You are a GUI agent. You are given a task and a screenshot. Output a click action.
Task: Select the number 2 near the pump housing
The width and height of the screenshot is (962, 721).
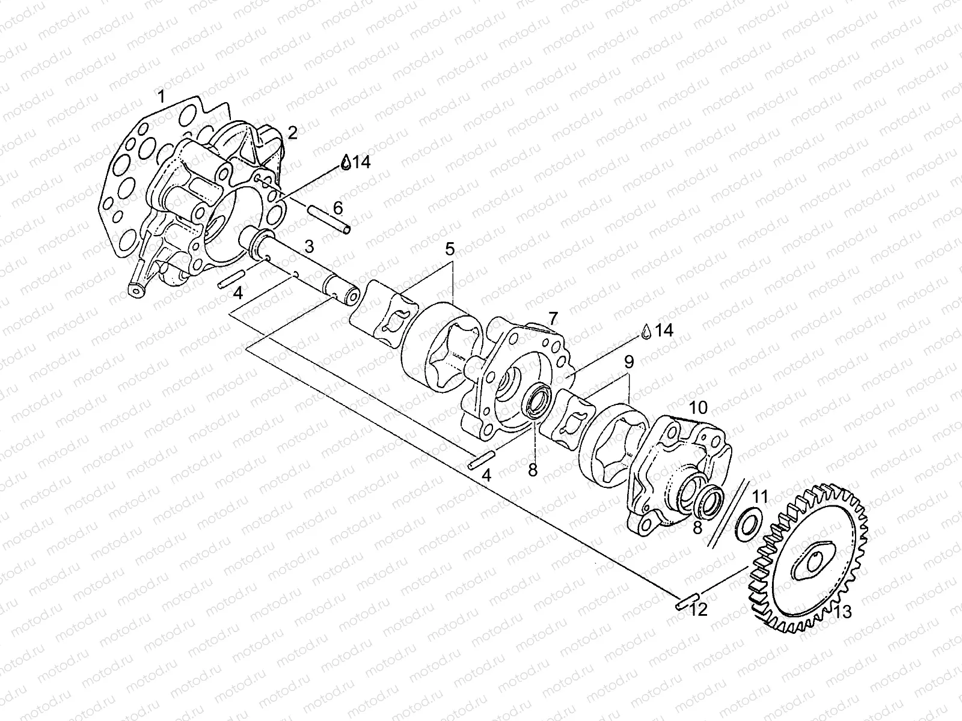292,133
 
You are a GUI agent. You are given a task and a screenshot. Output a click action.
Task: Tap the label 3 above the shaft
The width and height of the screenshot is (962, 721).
309,246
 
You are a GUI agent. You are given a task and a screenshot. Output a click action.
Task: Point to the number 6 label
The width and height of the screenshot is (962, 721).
338,208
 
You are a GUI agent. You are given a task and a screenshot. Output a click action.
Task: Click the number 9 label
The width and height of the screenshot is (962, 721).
629,362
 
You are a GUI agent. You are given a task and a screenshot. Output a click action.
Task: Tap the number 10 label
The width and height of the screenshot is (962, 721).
697,407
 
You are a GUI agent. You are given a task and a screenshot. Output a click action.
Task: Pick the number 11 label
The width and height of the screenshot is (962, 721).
761,496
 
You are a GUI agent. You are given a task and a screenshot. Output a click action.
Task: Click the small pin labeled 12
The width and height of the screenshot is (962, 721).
685,602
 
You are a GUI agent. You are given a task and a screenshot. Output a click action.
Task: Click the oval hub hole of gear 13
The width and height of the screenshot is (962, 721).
813,562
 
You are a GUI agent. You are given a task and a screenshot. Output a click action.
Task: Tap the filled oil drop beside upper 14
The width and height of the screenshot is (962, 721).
346,162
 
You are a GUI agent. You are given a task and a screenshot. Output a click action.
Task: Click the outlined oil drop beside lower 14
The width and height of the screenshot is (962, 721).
646,330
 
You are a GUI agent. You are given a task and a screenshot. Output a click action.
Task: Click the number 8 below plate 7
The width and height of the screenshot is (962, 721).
532,470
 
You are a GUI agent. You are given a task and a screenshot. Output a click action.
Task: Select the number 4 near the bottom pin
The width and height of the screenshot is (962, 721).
486,475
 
